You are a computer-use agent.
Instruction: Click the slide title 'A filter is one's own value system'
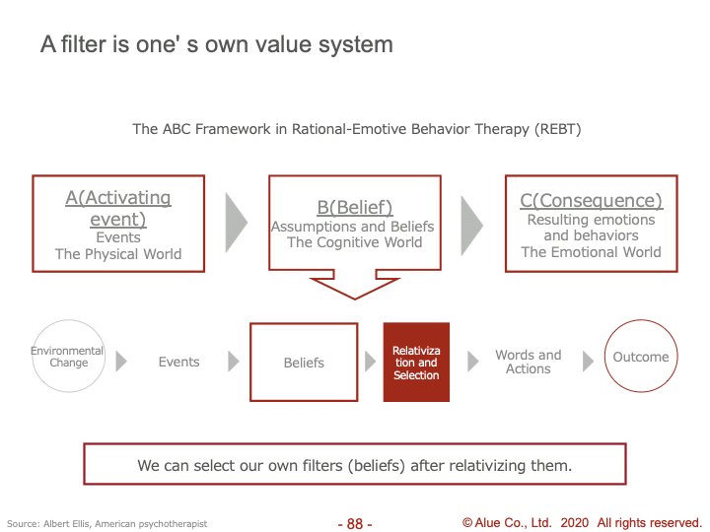[x=217, y=44]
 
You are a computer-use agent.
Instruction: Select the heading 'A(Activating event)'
[x=118, y=209]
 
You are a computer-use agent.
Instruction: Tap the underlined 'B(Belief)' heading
[x=355, y=207]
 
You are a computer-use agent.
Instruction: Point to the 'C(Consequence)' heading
[x=592, y=200]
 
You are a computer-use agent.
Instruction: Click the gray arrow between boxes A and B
[x=237, y=223]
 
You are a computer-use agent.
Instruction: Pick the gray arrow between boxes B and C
[x=471, y=226]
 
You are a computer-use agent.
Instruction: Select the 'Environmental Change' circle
[x=69, y=356]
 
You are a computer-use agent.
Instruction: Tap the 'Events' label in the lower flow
[x=178, y=362]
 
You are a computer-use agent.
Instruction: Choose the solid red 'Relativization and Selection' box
[x=416, y=362]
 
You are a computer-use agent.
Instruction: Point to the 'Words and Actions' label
[x=529, y=362]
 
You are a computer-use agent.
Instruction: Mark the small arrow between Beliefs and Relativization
[x=371, y=362]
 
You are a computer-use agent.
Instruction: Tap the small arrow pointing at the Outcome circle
[x=588, y=361]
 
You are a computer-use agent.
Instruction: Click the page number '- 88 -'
[x=355, y=524]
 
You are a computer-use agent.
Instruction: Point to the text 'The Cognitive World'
[x=355, y=242]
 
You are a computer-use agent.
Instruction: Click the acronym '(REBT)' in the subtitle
[x=557, y=129]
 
